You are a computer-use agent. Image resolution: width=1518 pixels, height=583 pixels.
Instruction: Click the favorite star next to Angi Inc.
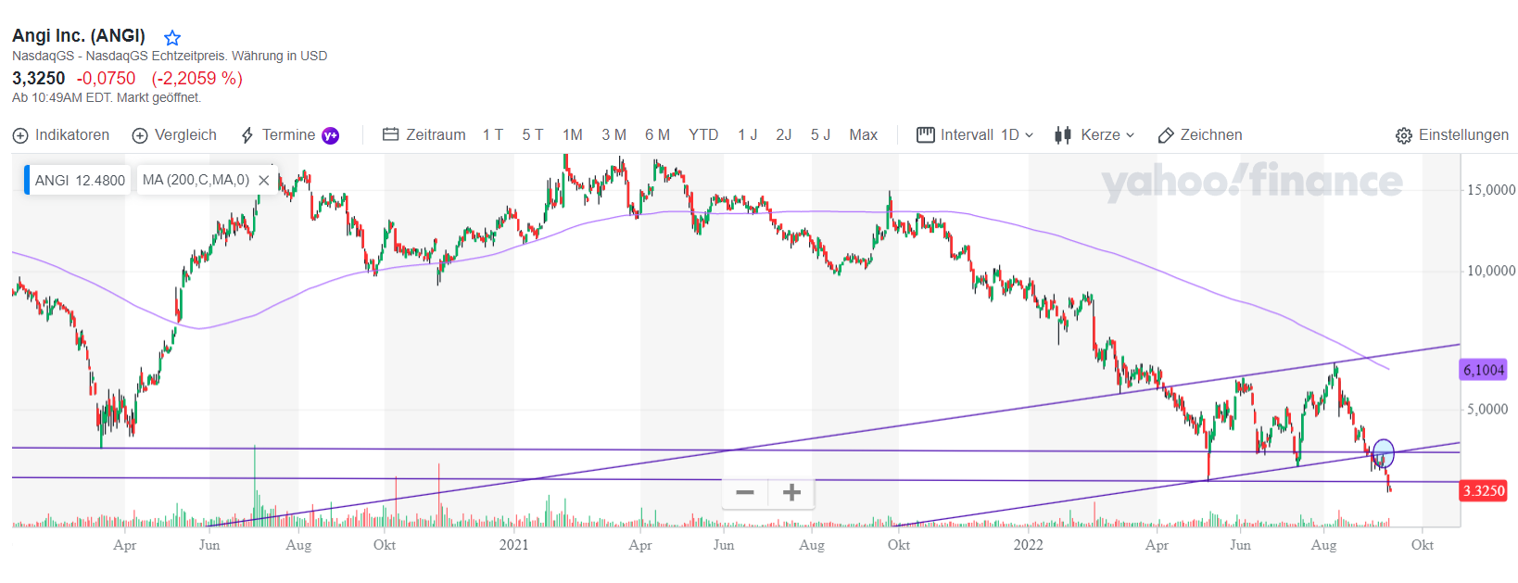pos(172,38)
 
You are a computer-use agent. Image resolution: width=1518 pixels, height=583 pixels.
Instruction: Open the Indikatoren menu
pos(61,135)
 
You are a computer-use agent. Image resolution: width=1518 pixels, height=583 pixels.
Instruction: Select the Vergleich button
pos(174,135)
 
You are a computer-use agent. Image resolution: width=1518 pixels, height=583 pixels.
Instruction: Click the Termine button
pos(288,135)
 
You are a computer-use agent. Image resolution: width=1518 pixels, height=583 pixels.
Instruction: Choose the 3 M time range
pos(614,135)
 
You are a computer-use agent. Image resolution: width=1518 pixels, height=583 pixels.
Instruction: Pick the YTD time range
pos(703,135)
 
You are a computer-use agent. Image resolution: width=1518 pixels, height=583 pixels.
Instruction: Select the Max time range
pos(863,135)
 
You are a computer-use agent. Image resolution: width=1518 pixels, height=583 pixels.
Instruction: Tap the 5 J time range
pos(820,135)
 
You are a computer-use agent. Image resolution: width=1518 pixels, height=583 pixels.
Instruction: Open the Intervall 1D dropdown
pos(975,135)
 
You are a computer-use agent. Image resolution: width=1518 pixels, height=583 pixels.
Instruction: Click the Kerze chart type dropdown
pos(1094,135)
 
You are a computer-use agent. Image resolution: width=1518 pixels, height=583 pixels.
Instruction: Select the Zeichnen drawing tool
pos(1200,135)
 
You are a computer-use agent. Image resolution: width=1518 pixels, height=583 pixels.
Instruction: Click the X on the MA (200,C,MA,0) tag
pos(264,180)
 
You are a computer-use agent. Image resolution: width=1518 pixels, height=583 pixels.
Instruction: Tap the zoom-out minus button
pos(745,492)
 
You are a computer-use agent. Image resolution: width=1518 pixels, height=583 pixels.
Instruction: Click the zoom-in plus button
pos(791,492)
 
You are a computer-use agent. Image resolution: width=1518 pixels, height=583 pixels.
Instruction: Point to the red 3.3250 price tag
pos(1483,490)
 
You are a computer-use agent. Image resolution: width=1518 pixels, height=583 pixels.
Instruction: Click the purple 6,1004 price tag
pos(1483,370)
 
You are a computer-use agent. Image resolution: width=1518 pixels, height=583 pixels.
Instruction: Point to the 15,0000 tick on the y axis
pos(1490,190)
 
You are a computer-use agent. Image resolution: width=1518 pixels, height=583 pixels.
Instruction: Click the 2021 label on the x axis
pos(513,545)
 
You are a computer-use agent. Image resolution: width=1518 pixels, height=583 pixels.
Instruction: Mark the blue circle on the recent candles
pos(1383,453)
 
